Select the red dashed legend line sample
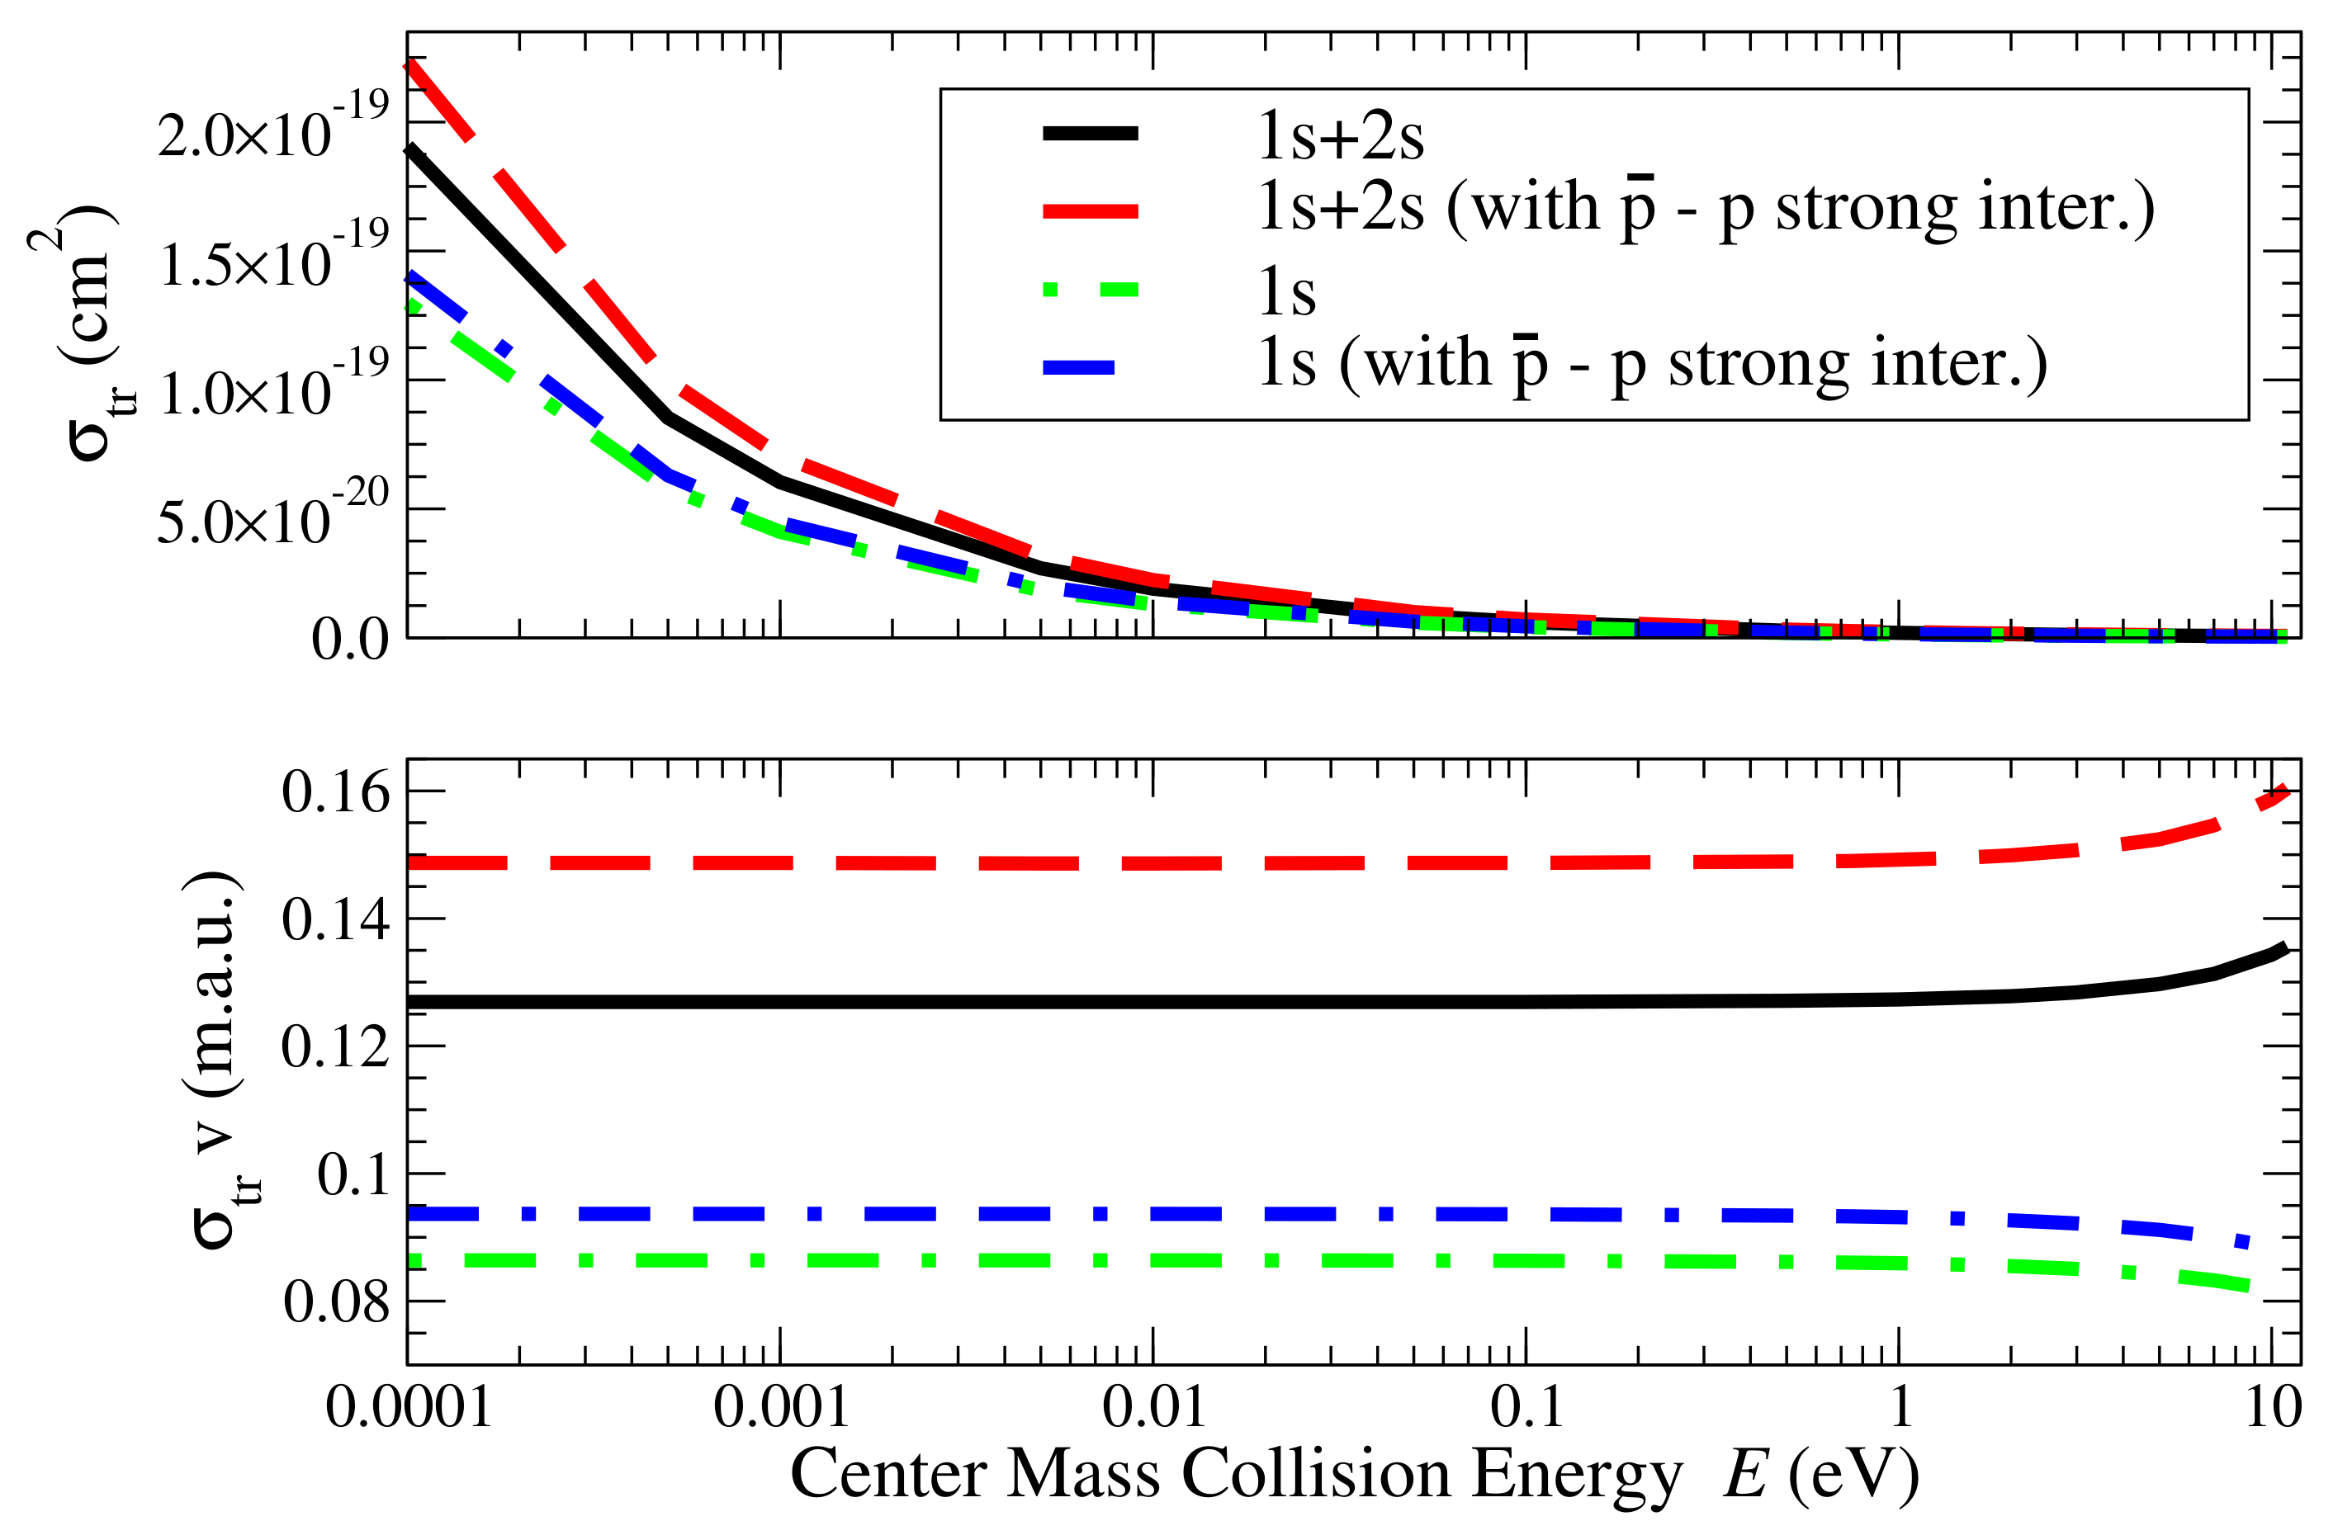pos(1090,211)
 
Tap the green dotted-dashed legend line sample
pos(1090,290)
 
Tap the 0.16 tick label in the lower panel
pos(335,791)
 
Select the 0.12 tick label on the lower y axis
pos(335,1047)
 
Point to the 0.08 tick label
pos(335,1302)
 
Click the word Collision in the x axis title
pos(1315,1474)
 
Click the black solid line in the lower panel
pos(1081,1003)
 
